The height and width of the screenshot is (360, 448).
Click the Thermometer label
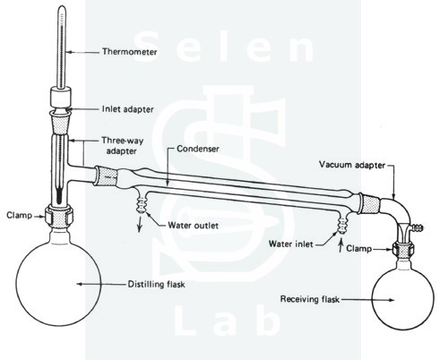(x=130, y=52)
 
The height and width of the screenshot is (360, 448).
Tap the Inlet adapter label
(x=127, y=109)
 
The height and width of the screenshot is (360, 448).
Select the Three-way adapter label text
(x=122, y=146)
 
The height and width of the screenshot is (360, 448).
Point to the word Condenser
(x=198, y=149)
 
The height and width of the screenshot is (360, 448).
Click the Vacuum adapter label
(x=352, y=165)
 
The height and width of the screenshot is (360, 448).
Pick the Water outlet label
(x=193, y=225)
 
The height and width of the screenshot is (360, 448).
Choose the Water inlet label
(x=290, y=244)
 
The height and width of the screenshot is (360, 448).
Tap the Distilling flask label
(x=156, y=284)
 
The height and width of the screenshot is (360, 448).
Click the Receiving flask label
(x=310, y=299)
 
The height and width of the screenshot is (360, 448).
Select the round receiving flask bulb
(x=403, y=299)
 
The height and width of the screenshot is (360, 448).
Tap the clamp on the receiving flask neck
(x=402, y=249)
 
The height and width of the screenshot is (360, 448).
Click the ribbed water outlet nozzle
(x=140, y=203)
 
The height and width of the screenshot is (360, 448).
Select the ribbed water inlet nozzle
(x=342, y=225)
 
